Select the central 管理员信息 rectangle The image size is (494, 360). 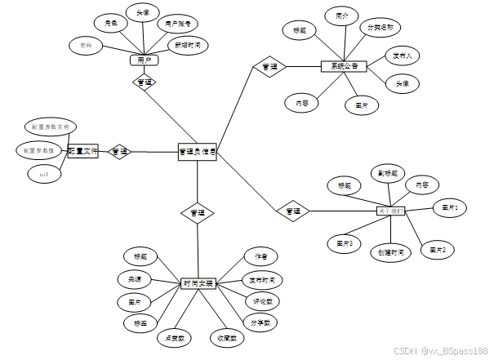pyautogui.click(x=197, y=151)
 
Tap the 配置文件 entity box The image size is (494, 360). pyautogui.click(x=82, y=151)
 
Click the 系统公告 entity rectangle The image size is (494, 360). pyautogui.click(x=339, y=66)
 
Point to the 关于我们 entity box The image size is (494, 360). pyautogui.click(x=389, y=211)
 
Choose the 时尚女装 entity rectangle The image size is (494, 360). pyautogui.click(x=198, y=283)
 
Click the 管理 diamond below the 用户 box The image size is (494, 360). pyautogui.click(x=145, y=82)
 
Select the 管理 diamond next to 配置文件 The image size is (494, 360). pyautogui.click(x=120, y=151)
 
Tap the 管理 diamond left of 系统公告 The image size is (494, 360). pyautogui.click(x=267, y=66)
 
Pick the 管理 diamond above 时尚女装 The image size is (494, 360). pyautogui.click(x=198, y=212)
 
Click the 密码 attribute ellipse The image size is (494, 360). pyautogui.click(x=86, y=44)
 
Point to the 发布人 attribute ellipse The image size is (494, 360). pyautogui.click(x=403, y=56)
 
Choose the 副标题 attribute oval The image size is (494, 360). pyautogui.click(x=386, y=173)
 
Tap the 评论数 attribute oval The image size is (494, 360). pyautogui.click(x=262, y=301)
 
